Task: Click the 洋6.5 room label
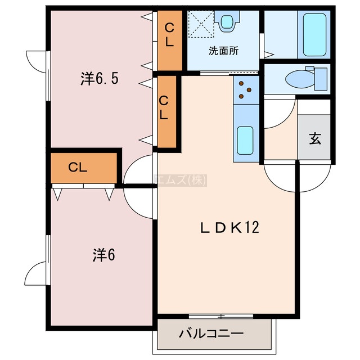coord(100,79)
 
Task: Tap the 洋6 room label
coord(103,255)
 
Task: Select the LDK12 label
coord(230,227)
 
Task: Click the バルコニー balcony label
coord(211,334)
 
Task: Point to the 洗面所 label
coord(224,51)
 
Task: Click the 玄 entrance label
coord(315,138)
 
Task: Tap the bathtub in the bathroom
coord(314,35)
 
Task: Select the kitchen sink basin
coord(245,140)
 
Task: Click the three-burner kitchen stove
coord(246,90)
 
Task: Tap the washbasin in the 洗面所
coord(227,21)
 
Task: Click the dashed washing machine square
coord(201,24)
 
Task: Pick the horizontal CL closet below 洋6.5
coord(84,168)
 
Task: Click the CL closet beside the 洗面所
coord(170,40)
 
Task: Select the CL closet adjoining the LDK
coord(166,112)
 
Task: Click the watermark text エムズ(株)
coord(180,180)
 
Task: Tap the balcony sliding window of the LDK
coord(221,316)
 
